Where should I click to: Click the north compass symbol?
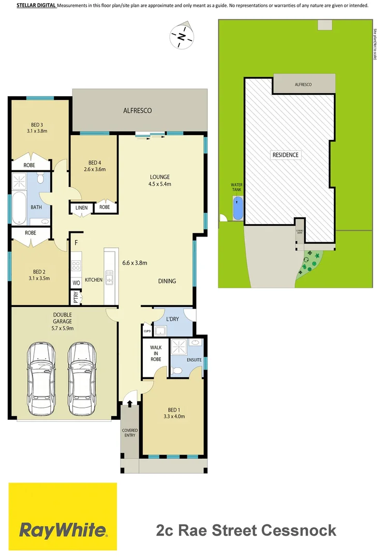[181, 36]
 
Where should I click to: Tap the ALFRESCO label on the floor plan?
[137, 110]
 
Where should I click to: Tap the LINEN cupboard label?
[81, 208]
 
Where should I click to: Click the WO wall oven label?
[76, 283]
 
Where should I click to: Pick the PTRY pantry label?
[76, 298]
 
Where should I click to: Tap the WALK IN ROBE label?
[155, 354]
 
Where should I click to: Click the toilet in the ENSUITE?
[176, 371]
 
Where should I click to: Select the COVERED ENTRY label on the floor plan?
[129, 432]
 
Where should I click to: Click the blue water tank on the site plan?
[238, 209]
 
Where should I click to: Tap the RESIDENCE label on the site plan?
[285, 155]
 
